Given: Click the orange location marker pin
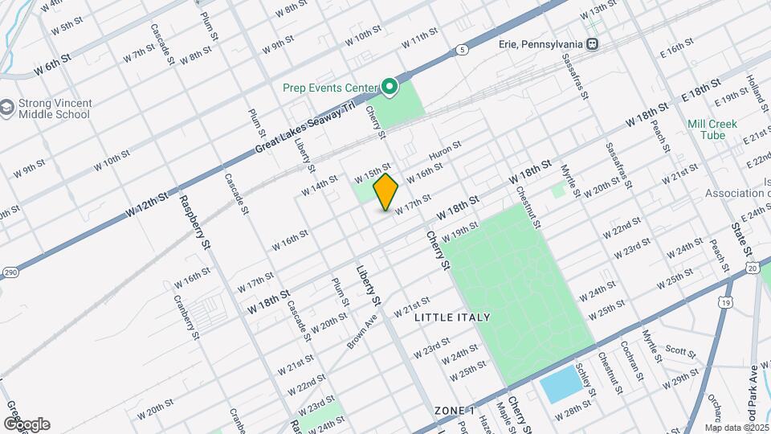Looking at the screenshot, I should (386, 191).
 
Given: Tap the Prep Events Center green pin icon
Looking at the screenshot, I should (390, 86).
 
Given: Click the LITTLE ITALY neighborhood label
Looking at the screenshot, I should (452, 317).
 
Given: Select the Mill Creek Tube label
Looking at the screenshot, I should (707, 130).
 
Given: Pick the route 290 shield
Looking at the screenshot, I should (7, 271).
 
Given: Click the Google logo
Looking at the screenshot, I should (27, 424).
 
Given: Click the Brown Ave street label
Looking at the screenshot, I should (361, 331).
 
